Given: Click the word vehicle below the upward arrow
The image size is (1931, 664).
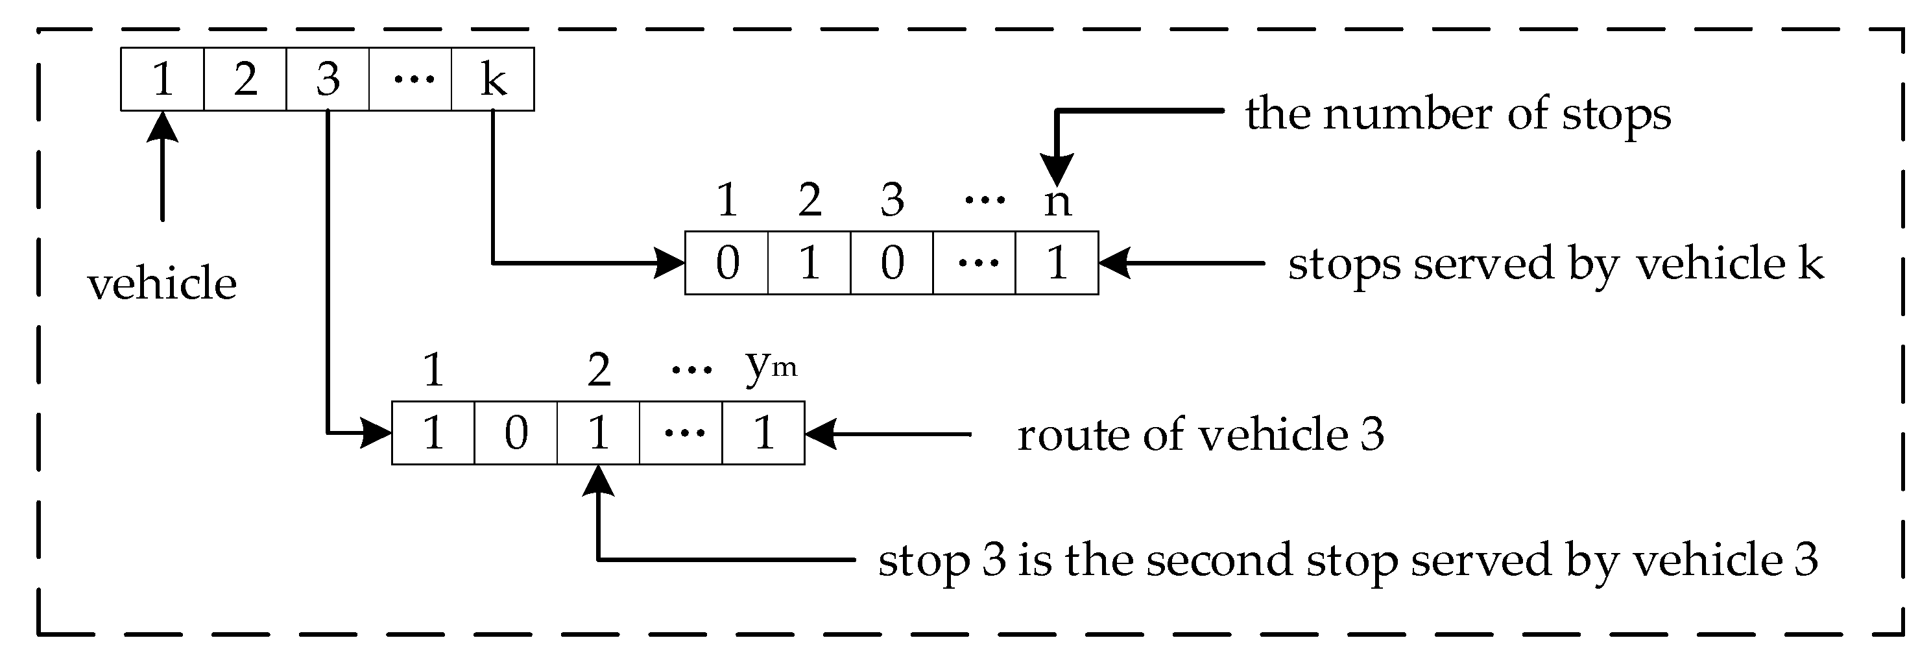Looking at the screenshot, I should tap(162, 284).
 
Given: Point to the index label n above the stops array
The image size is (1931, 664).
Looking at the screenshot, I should tap(1057, 201).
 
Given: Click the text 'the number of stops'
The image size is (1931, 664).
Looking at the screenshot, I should tap(1458, 115).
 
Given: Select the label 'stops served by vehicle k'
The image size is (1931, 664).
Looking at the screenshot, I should tap(1555, 264).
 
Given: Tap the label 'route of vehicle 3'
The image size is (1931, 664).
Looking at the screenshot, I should tap(1200, 435).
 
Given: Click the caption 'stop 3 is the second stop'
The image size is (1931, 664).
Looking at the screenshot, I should tap(1348, 560).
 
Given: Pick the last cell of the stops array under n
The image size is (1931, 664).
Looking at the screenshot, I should tap(1057, 264).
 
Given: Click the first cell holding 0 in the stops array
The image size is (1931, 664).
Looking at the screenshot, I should tap(727, 264).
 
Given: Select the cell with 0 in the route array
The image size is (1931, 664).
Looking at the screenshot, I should tap(516, 434).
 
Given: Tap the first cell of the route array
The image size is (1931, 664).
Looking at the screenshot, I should tap(433, 434).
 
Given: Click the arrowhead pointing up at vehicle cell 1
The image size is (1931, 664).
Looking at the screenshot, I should tap(162, 128).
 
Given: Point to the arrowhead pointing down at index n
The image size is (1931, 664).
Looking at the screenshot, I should tap(1057, 169).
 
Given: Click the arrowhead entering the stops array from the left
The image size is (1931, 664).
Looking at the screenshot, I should tap(669, 264).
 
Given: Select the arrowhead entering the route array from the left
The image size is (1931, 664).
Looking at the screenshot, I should tap(376, 434).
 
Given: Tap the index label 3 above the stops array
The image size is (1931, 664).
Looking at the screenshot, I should tap(892, 201).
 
